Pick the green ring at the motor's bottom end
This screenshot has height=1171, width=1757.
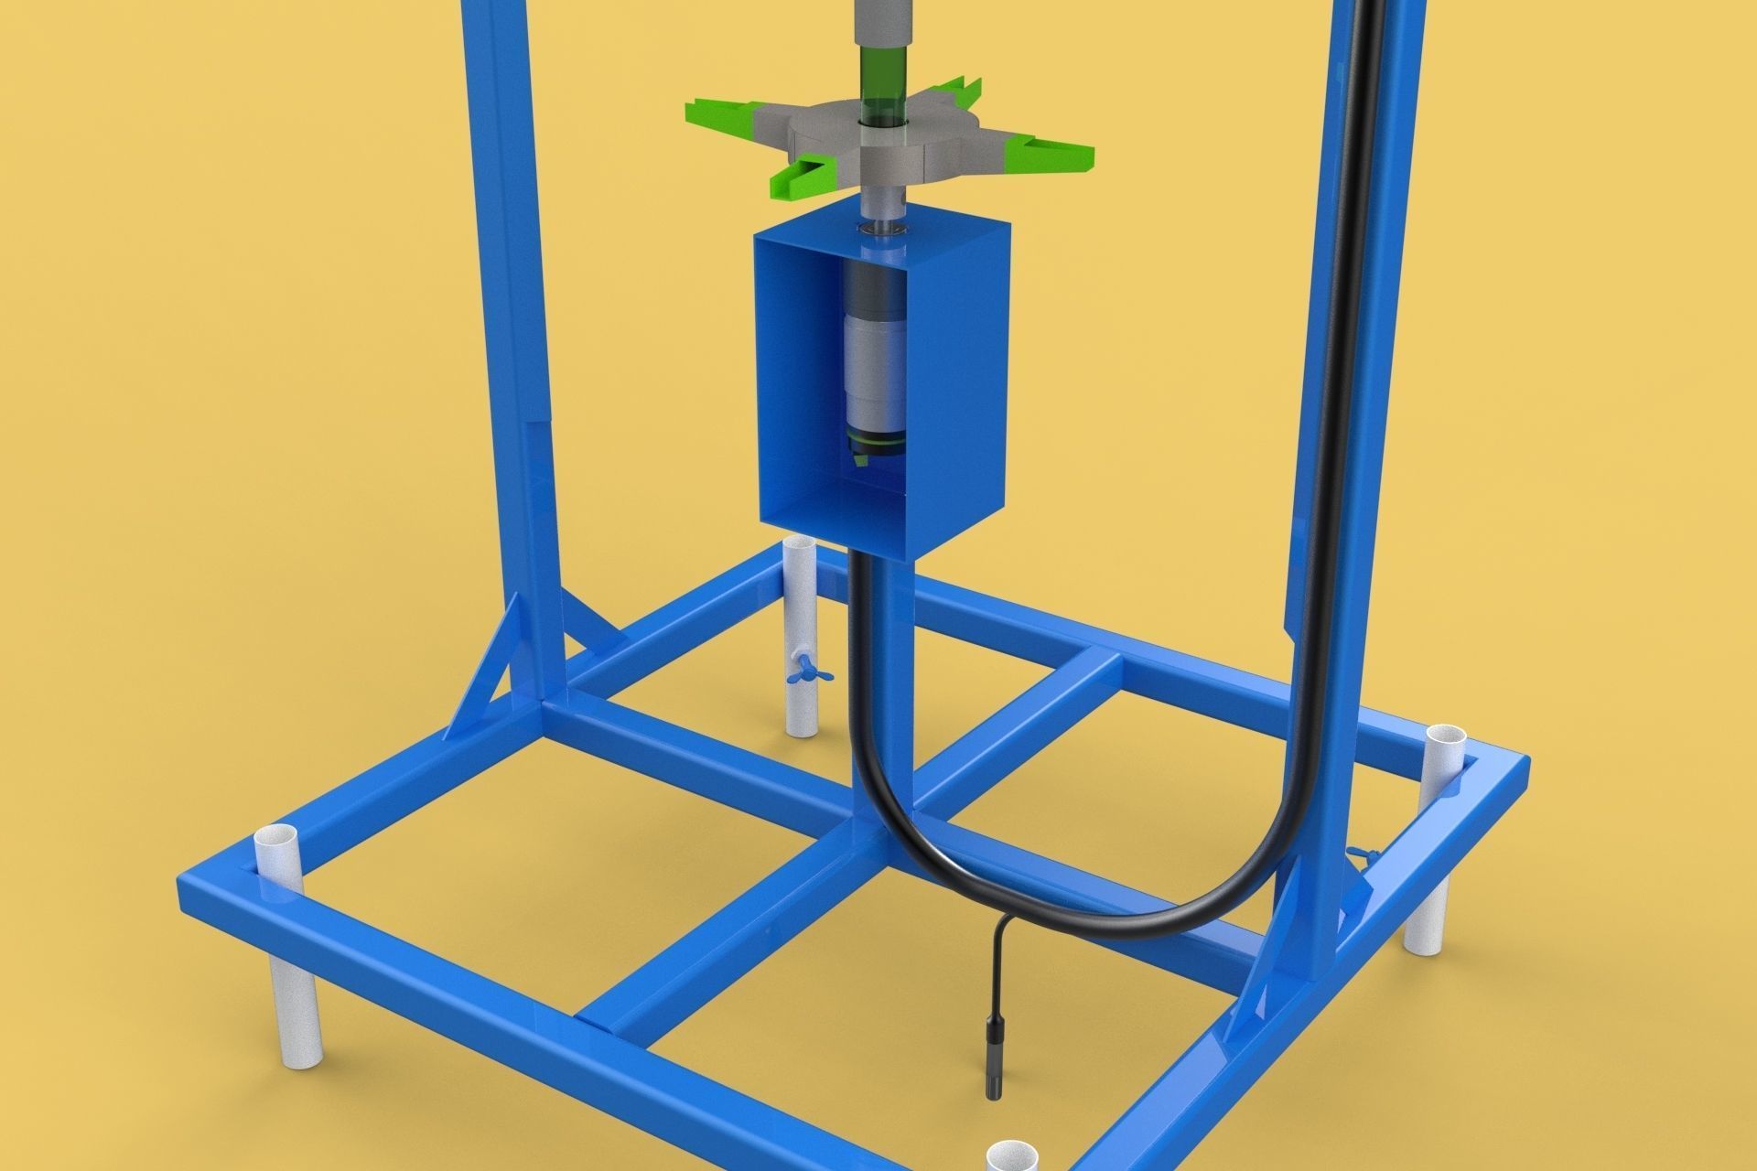877,446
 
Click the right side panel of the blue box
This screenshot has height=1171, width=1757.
961,384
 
